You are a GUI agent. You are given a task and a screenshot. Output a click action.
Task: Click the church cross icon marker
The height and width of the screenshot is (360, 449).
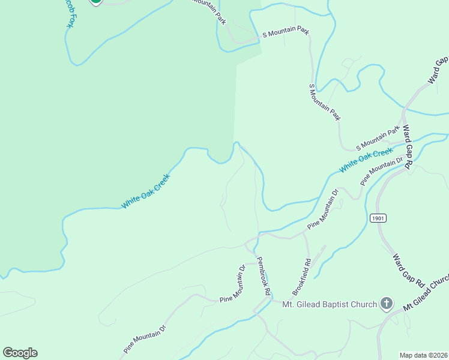pos(387,304)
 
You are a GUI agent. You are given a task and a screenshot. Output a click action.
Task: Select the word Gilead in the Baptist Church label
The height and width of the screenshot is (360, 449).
pos(305,305)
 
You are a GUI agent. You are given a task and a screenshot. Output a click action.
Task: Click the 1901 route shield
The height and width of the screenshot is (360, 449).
pos(377,218)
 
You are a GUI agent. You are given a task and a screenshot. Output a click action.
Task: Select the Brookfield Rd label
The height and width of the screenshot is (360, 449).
pos(301,277)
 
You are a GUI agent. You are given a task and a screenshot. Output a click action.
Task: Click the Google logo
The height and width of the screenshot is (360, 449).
pos(20,353)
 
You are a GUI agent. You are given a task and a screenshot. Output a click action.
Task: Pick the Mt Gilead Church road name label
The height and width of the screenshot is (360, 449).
pos(426,293)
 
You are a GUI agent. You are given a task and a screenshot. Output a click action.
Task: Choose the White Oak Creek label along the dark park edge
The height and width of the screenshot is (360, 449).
pos(146,191)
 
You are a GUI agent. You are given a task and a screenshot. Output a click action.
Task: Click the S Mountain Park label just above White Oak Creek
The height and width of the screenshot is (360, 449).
pos(378,139)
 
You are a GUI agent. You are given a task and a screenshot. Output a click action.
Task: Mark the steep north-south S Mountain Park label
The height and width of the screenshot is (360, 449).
pos(325,103)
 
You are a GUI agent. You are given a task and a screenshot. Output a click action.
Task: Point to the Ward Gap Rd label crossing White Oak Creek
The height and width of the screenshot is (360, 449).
pos(408,147)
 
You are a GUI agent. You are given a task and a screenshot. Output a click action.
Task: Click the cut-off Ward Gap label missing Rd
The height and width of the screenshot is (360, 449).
pos(438,70)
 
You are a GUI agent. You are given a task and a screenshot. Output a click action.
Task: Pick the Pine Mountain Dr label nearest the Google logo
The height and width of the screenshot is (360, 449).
pos(145,339)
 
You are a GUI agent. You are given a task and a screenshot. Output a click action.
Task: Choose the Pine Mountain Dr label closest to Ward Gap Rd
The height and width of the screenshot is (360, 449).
pos(382,171)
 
